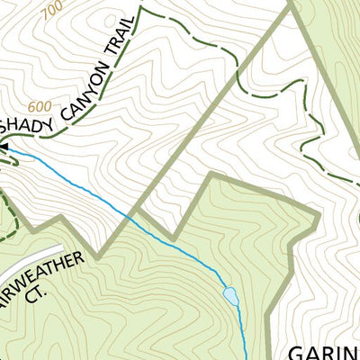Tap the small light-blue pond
(229, 295)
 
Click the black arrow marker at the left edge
(4, 147)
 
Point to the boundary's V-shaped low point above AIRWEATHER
(101, 255)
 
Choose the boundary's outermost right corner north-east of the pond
(319, 216)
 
